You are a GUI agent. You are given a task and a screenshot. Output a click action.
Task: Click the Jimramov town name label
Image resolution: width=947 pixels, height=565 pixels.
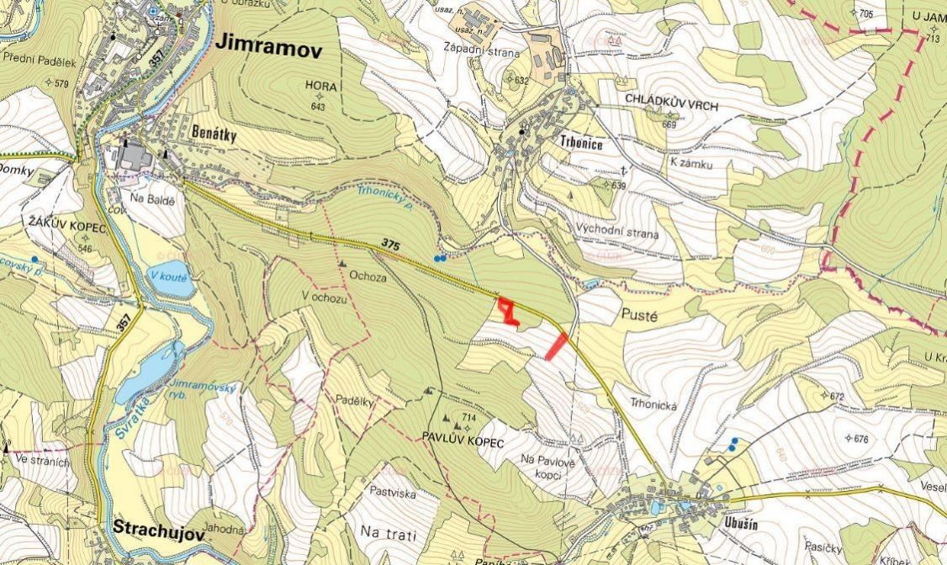pyautogui.click(x=269, y=48)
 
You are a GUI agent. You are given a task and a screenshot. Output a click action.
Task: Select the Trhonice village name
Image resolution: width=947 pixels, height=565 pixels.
pyautogui.click(x=581, y=143)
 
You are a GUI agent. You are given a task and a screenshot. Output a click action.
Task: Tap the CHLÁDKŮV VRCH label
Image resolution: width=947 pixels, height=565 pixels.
pyautogui.click(x=662, y=99)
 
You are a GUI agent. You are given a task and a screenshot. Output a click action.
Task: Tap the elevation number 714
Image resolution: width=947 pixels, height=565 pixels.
pyautogui.click(x=469, y=418)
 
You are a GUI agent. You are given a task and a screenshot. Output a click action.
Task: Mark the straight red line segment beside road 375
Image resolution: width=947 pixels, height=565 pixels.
pyautogui.click(x=556, y=346)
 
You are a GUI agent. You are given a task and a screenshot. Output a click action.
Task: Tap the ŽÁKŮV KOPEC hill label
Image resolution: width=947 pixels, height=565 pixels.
pyautogui.click(x=66, y=228)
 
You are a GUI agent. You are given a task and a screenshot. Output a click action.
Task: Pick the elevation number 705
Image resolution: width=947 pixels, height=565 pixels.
pyautogui.click(x=866, y=13)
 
